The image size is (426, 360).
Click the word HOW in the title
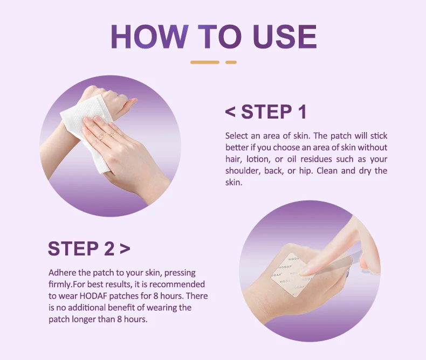tap(149, 37)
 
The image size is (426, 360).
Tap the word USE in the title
tap(285, 37)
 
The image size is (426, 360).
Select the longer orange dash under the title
tap(205, 63)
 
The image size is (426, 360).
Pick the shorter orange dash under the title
tap(231, 63)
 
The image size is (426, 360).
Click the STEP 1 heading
tap(274, 112)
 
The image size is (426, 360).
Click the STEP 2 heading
tap(81, 248)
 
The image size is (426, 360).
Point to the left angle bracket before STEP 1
tap(230, 112)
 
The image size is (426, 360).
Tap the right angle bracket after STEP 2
tap(125, 248)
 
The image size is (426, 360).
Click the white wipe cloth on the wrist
tap(87, 133)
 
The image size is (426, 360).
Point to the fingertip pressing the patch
tap(304, 269)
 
